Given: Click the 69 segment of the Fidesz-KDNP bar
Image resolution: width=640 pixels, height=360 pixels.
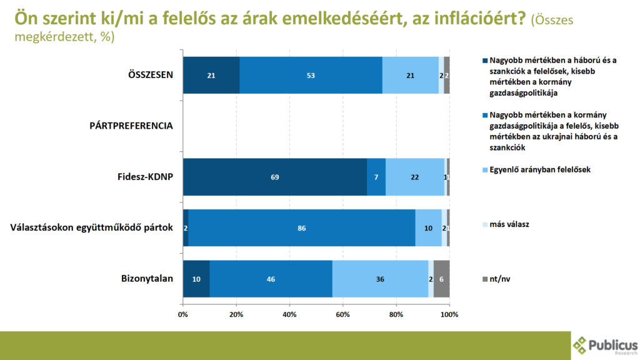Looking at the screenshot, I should click(275, 177).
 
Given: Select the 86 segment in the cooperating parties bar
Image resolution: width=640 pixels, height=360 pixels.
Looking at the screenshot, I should click(302, 228).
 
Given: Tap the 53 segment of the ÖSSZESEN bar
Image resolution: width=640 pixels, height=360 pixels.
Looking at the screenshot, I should click(311, 75).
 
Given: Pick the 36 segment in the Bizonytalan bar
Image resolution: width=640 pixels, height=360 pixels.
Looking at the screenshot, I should click(380, 279).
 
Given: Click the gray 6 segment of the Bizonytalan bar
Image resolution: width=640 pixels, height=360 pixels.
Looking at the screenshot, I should click(441, 279).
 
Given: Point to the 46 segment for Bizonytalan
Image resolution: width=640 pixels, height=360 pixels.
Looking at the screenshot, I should click(271, 279).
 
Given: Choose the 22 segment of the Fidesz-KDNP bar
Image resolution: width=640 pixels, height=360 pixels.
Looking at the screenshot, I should click(414, 177).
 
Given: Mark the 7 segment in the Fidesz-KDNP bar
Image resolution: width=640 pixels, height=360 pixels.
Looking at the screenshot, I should click(376, 177).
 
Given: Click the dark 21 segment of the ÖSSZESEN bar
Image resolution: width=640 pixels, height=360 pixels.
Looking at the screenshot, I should click(211, 75).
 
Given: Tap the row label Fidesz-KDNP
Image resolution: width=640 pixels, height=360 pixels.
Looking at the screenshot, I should click(146, 177).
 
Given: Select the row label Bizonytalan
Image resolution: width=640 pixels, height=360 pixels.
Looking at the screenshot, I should click(147, 279).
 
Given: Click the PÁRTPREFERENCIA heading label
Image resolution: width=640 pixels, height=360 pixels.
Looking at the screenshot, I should click(131, 126).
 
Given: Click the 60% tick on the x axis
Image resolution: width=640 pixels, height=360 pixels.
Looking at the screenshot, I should click(342, 313).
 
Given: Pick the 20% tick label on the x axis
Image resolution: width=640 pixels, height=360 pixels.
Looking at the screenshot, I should click(236, 313).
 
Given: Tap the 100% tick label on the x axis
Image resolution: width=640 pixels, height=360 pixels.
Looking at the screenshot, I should click(449, 313).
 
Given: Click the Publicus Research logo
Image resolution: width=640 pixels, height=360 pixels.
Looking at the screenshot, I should click(606, 346).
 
